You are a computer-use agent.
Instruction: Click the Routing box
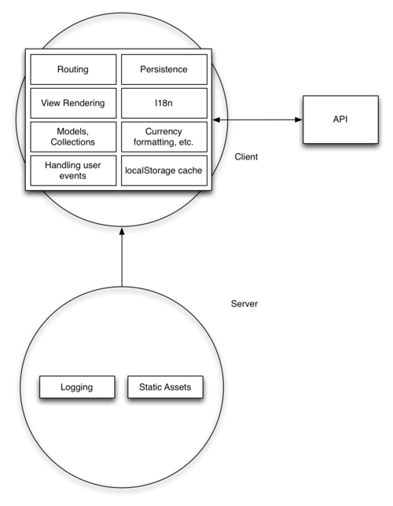[x=73, y=69]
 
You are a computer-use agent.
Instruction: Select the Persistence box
[x=165, y=69]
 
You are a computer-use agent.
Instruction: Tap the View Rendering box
[x=73, y=103]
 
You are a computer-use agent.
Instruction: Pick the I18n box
[x=165, y=103]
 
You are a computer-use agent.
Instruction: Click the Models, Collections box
[x=73, y=137]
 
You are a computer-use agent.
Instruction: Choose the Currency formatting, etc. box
[x=165, y=137]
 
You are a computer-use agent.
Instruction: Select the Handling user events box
[x=73, y=170]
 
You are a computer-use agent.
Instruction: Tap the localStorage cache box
[x=165, y=170]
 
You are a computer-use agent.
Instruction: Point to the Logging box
[x=76, y=387]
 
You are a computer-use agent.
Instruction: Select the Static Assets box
[x=165, y=387]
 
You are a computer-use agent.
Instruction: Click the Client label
[x=246, y=157]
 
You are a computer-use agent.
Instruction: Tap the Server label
[x=244, y=303]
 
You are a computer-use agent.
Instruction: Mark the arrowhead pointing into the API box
[x=299, y=120]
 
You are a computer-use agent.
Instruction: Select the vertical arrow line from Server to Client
[x=122, y=259]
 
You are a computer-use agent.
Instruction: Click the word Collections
[x=73, y=142]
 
